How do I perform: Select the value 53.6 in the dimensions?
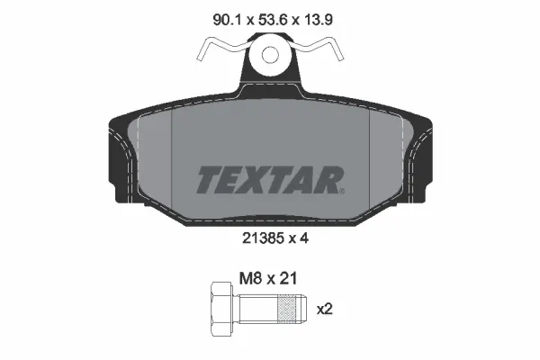266,15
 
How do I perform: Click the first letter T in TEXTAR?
209,181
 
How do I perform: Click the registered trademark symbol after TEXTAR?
339,189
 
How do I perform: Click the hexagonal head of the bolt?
221,310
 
